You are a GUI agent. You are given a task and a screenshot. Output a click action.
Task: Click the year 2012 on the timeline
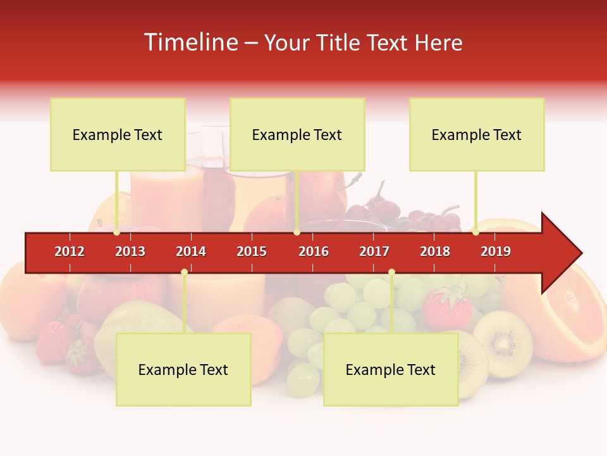(70, 251)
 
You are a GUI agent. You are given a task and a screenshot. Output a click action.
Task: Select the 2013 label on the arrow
(130, 251)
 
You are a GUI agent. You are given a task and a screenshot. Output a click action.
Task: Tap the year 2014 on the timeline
(191, 251)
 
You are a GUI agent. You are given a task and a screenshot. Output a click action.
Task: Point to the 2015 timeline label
(252, 251)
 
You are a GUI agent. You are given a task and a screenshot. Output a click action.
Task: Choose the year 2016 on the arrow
(314, 251)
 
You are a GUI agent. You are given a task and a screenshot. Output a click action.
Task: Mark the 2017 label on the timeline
(374, 251)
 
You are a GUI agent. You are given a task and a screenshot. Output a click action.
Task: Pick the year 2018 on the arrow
(435, 251)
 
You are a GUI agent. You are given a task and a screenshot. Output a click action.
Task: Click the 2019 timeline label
(496, 251)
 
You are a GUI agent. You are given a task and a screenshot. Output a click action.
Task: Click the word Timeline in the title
(190, 42)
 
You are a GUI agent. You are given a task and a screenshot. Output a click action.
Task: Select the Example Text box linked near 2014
(183, 370)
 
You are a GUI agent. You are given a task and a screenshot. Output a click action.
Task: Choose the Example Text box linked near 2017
(391, 370)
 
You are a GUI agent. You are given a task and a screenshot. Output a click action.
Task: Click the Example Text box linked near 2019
(477, 134)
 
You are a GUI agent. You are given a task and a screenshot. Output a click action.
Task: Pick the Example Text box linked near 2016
(297, 134)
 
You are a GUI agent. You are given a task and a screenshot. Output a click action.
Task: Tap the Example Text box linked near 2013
(118, 134)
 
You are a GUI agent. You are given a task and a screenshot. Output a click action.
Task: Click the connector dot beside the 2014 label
(184, 272)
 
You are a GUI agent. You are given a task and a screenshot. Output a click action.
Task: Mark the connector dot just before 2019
(476, 232)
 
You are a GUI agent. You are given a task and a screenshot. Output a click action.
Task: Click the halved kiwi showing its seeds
(503, 343)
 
